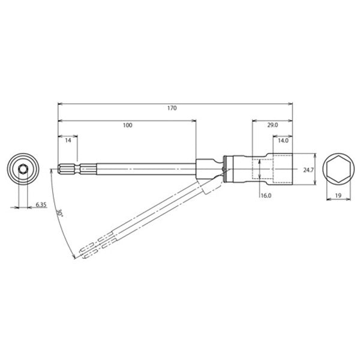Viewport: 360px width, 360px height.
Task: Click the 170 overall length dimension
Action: click(173, 109)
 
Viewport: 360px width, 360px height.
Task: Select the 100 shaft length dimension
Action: click(127, 125)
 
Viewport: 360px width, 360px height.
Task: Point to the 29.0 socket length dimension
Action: click(272, 125)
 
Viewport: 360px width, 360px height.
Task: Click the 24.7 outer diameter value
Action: click(309, 170)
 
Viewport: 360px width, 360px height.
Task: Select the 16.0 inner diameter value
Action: click(266, 196)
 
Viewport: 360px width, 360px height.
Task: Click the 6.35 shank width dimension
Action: click(41, 205)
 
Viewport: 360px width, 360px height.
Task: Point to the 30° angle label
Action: click(59, 214)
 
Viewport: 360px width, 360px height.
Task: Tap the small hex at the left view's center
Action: click(24, 170)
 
